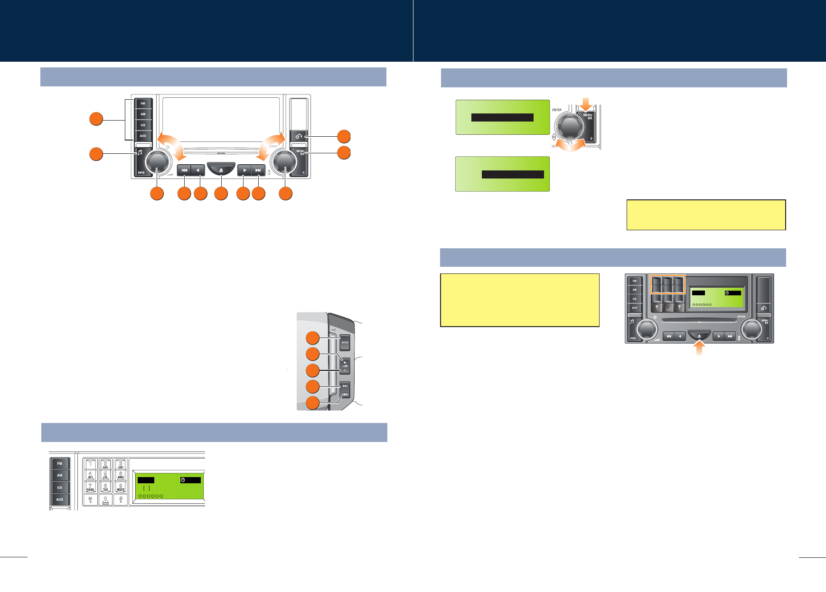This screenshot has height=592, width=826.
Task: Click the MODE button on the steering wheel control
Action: click(345, 342)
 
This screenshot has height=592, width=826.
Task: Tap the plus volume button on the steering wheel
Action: click(345, 363)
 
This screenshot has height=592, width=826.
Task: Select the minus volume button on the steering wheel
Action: click(345, 370)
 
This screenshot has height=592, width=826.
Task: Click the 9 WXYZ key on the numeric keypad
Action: click(121, 487)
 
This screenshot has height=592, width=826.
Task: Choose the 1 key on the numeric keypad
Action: click(91, 464)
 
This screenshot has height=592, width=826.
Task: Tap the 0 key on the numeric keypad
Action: click(105, 499)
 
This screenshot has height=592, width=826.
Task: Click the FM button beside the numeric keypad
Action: click(60, 463)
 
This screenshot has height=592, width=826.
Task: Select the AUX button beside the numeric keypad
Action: click(60, 499)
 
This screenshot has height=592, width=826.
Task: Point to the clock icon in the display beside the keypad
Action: click(183, 480)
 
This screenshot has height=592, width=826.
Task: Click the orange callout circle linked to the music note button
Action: click(96, 154)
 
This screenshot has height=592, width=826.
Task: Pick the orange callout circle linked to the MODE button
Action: click(312, 338)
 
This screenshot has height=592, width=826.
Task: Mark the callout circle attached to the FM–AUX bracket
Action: click(96, 119)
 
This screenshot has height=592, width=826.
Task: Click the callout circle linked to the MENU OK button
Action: click(344, 153)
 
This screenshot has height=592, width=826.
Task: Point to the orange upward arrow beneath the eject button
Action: click(699, 349)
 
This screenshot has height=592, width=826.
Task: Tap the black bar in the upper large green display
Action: click(502, 118)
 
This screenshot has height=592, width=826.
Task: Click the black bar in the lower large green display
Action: click(513, 174)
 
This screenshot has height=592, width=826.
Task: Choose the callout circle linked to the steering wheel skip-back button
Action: click(312, 403)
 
